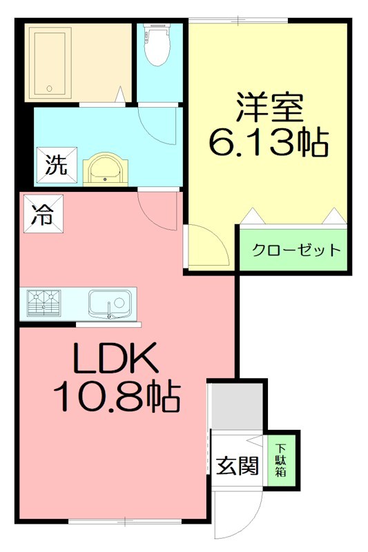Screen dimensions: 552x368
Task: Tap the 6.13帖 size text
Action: [269, 143]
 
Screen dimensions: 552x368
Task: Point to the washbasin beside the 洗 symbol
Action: [106, 168]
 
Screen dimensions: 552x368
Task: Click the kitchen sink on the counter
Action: [110, 303]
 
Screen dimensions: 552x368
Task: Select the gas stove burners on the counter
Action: [43, 303]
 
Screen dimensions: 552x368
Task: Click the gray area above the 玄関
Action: [236, 406]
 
